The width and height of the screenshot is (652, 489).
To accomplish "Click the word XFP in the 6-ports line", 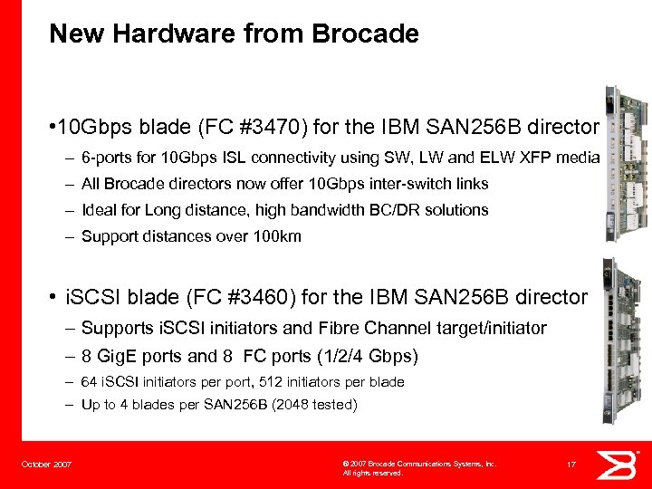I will tap(539, 158).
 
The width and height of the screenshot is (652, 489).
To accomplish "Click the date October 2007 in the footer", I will tap(47, 465).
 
